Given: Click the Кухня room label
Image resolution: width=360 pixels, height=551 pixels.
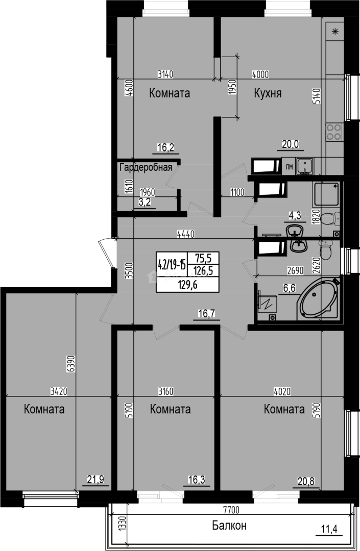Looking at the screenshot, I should click(x=268, y=93).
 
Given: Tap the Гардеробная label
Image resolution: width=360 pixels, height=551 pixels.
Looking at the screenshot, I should click(x=146, y=167).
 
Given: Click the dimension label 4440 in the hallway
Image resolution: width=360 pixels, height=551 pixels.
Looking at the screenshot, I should click(x=184, y=234).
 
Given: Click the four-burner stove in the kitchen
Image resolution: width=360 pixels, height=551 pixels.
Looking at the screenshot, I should click(x=334, y=132).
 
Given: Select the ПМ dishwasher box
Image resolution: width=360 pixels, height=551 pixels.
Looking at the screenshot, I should click(x=289, y=166).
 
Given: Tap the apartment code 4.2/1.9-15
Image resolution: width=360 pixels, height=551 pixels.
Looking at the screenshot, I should click(x=172, y=264).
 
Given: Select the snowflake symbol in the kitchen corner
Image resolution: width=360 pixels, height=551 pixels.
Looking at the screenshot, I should click(x=335, y=32).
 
